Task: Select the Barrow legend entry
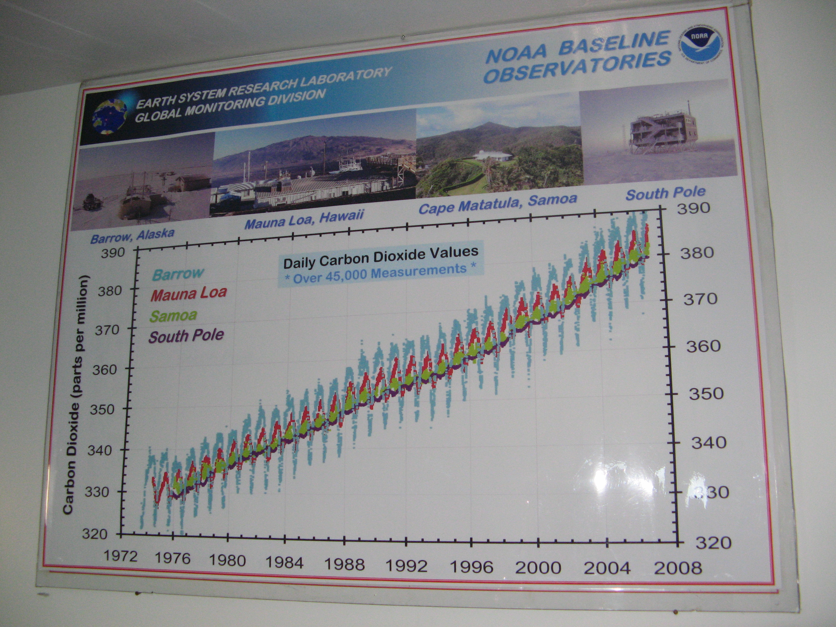178,273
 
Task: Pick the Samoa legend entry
173,315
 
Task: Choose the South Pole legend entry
186,336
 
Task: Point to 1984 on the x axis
284,563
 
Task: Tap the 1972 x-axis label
120,556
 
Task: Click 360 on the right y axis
703,346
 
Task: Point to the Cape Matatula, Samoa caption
498,204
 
